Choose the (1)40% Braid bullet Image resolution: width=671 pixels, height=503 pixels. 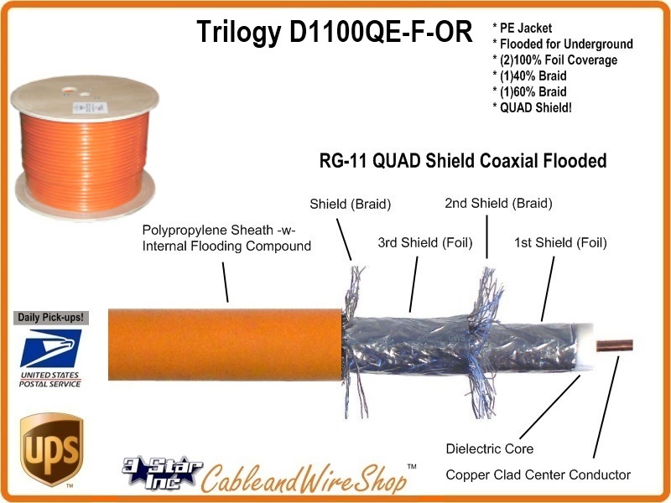click(x=536, y=75)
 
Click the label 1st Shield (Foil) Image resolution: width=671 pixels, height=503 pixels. click(x=560, y=243)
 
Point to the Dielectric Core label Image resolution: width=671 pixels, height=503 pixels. click(x=489, y=449)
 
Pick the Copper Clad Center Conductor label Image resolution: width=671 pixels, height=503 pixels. click(x=538, y=474)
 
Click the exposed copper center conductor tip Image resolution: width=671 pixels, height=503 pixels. click(x=616, y=345)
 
